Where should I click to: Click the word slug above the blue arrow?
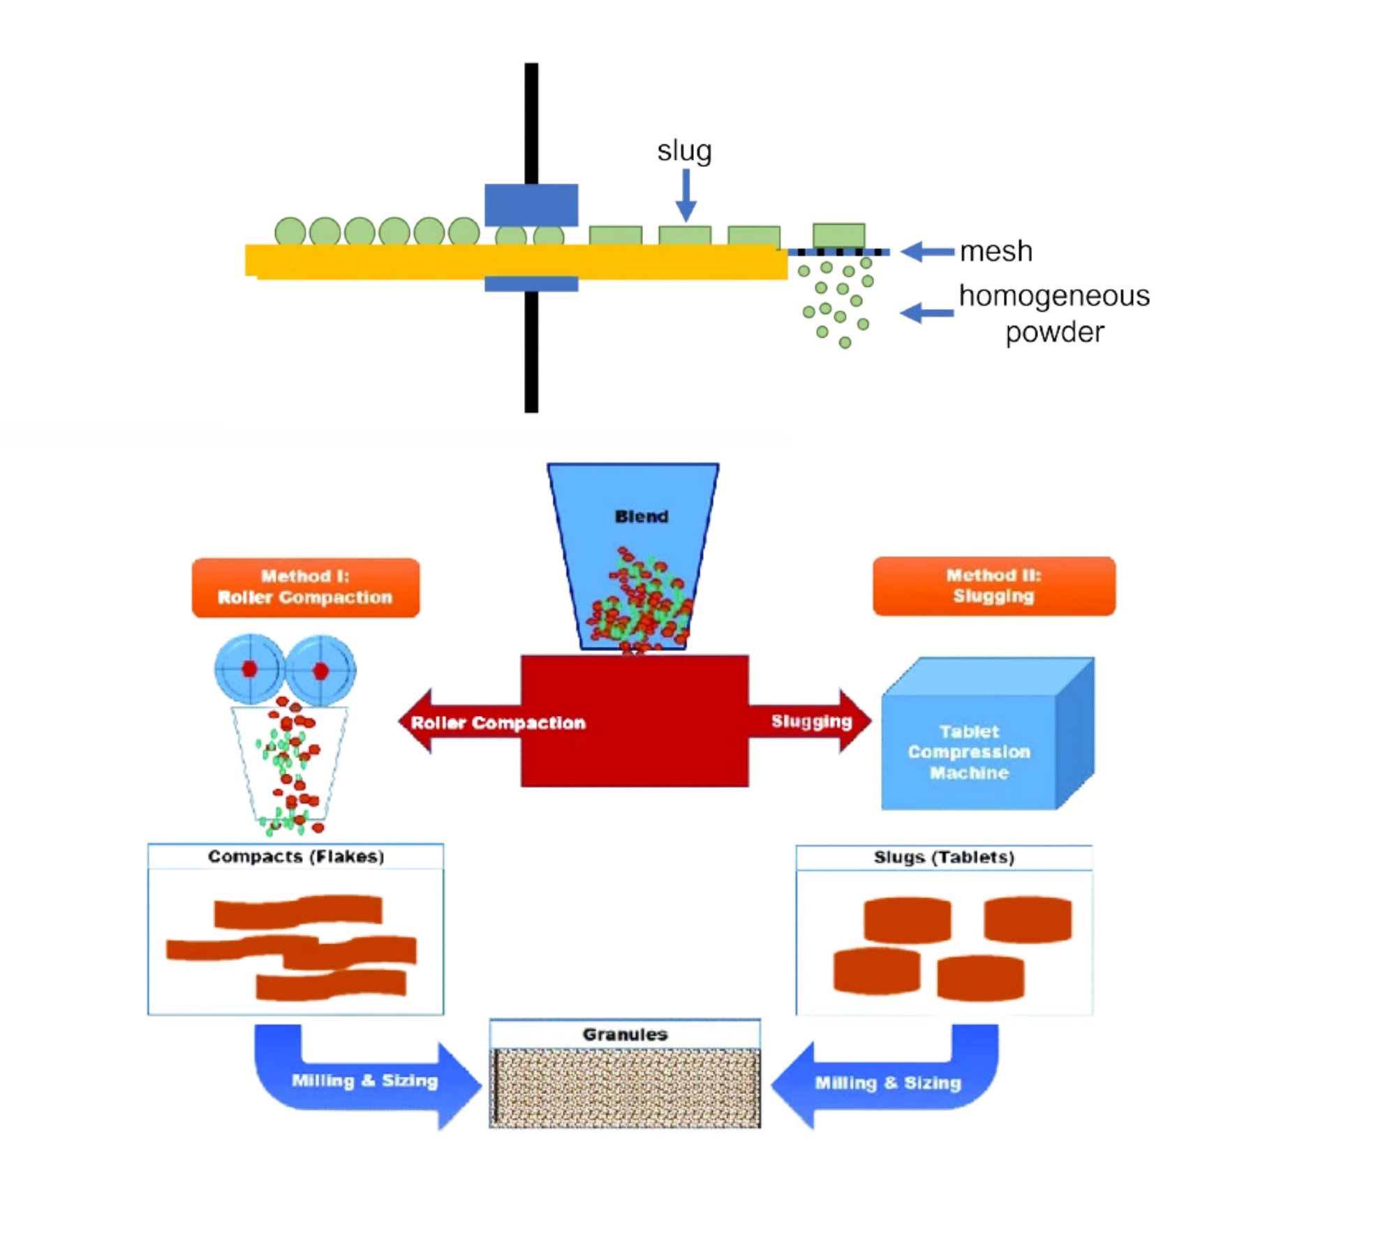click(683, 151)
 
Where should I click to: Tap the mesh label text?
click(996, 251)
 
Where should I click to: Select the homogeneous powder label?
click(1054, 313)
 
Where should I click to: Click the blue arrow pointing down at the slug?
click(686, 195)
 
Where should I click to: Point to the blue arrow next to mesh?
click(927, 251)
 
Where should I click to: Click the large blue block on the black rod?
click(531, 204)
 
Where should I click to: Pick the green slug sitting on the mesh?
click(838, 235)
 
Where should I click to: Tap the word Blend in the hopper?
click(642, 516)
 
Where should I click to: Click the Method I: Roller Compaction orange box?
click(306, 588)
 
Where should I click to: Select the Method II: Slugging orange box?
click(993, 586)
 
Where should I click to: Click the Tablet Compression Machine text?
click(969, 752)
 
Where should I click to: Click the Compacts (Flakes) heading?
click(296, 857)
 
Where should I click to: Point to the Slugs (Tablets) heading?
click(944, 858)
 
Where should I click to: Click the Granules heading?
click(625, 1034)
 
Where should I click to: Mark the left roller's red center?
click(249, 669)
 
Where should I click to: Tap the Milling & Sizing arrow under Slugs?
click(888, 1083)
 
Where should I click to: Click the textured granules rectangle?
click(625, 1088)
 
